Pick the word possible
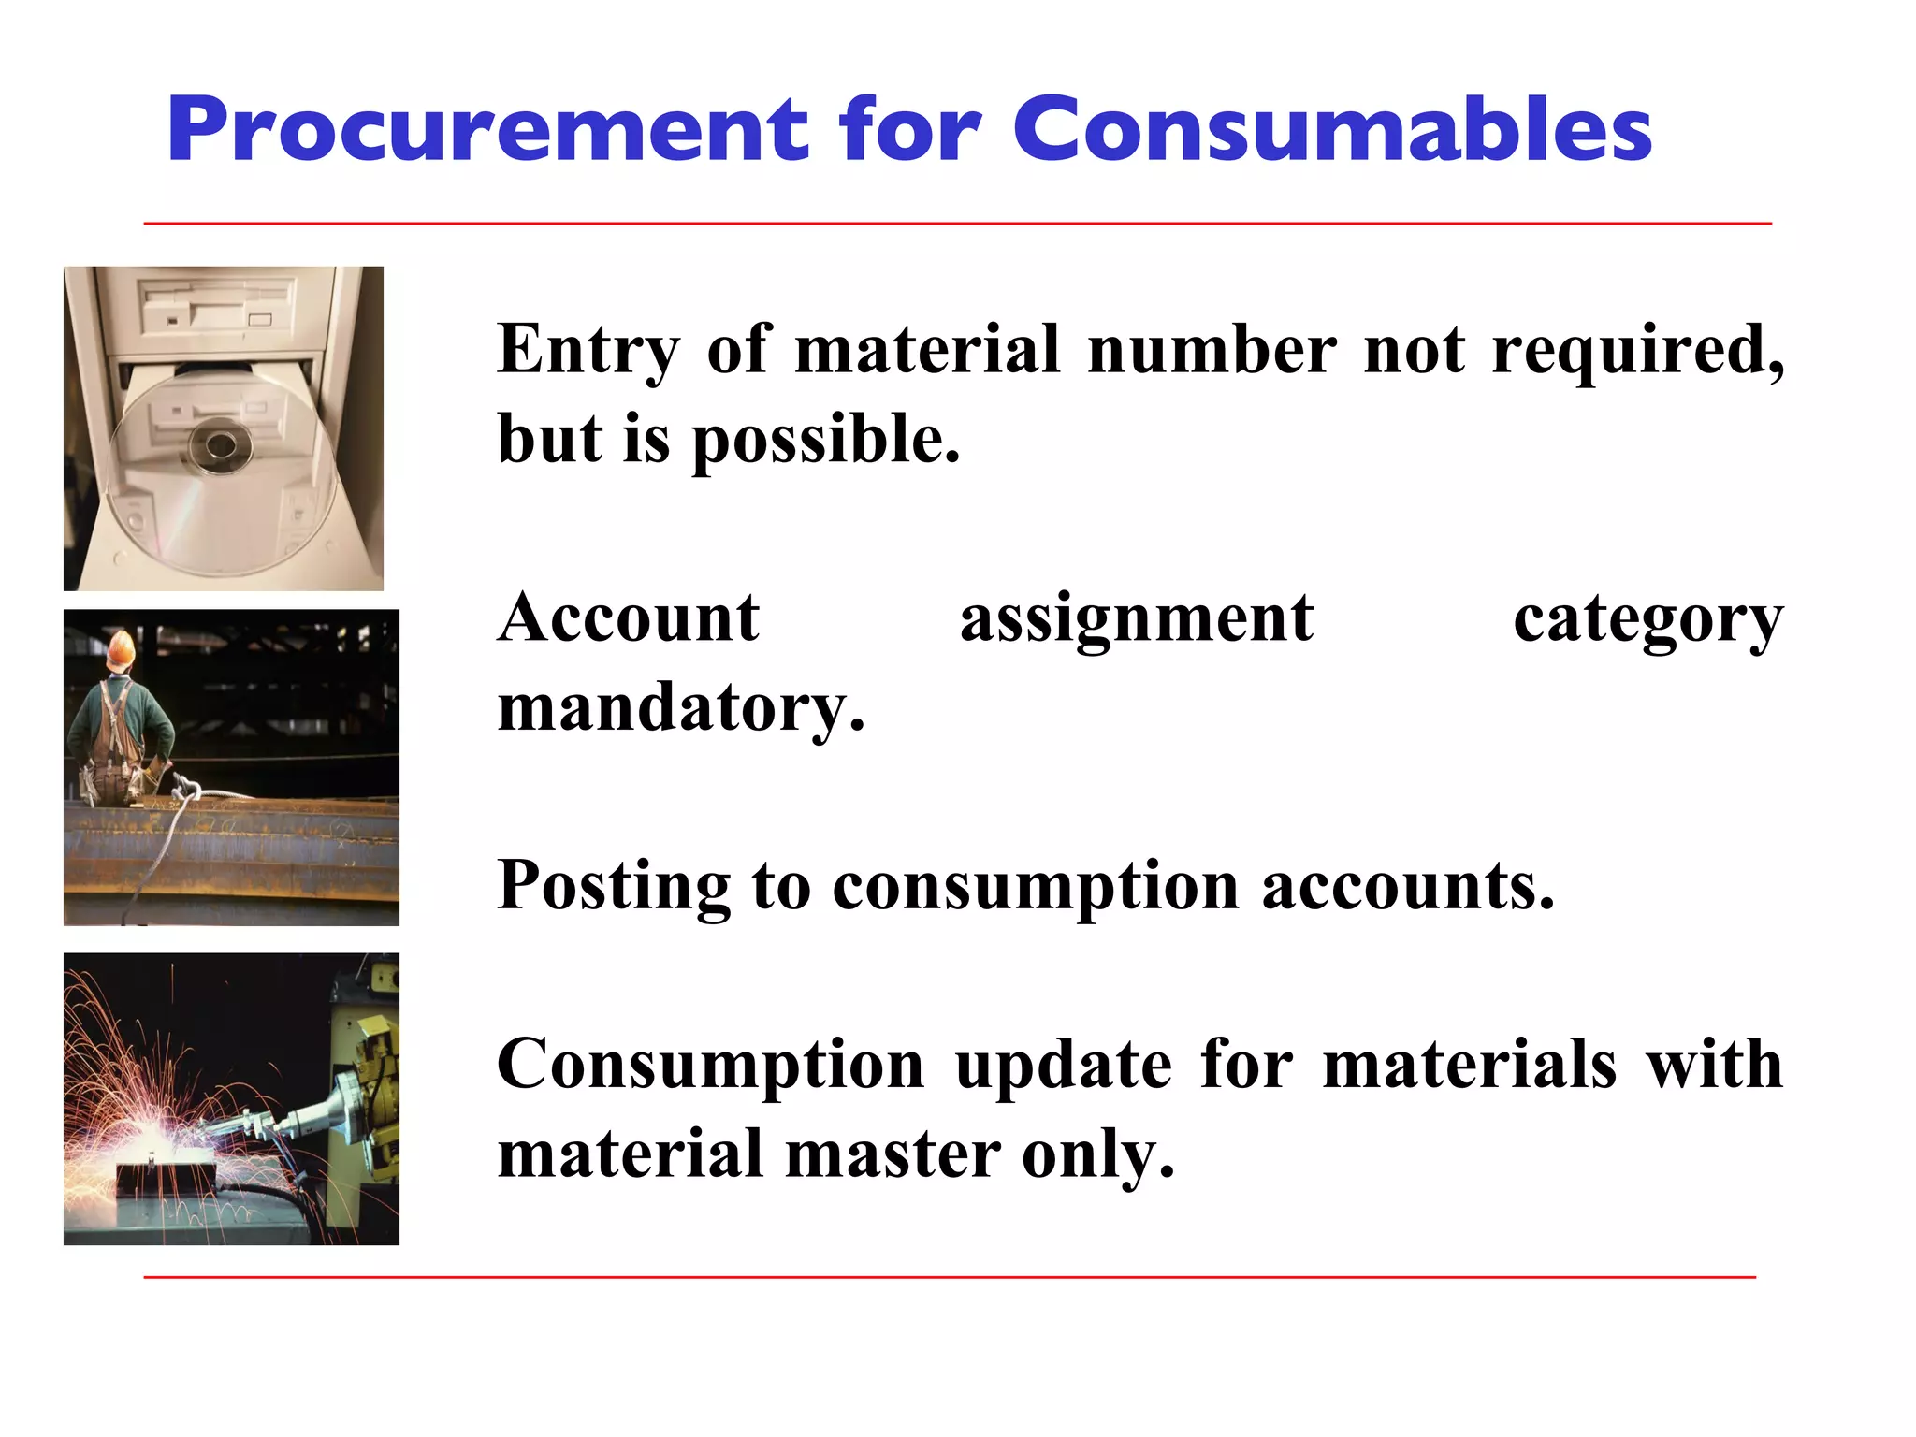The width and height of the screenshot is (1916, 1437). [825, 441]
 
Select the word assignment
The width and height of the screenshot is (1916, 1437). [1136, 620]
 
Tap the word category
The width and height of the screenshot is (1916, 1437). [1647, 620]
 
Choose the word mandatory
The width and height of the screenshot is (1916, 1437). [680, 708]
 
